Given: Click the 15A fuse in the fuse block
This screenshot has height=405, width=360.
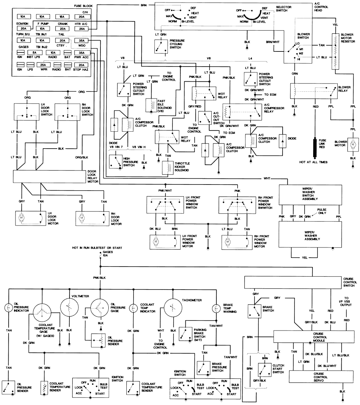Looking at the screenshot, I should click(62, 16).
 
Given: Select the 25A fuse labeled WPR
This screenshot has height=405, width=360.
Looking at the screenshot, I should click(43, 65).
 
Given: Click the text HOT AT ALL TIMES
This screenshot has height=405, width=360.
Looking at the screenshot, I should click(313, 162).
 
